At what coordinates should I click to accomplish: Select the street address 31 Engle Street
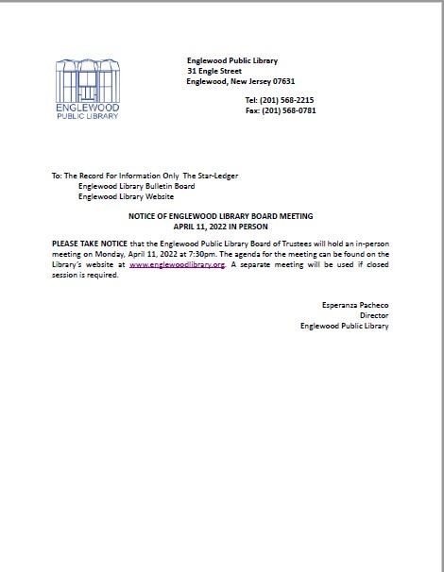214,71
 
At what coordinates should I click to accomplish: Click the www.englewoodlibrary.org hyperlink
177,265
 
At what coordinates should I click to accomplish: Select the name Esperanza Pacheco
355,305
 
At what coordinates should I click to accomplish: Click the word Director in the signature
374,315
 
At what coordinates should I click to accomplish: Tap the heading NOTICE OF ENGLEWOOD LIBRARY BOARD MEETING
220,216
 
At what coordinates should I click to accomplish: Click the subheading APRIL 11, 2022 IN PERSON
220,227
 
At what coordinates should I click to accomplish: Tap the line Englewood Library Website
126,197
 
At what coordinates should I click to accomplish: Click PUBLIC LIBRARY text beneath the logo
88,116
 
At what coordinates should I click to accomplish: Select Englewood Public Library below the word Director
344,326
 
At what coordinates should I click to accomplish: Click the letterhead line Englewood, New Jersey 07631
241,81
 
